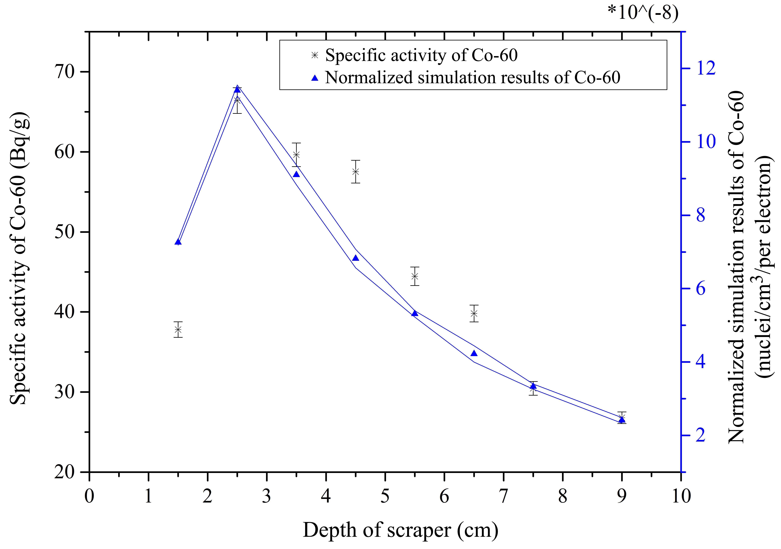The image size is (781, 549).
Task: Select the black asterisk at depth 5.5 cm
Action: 415,276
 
